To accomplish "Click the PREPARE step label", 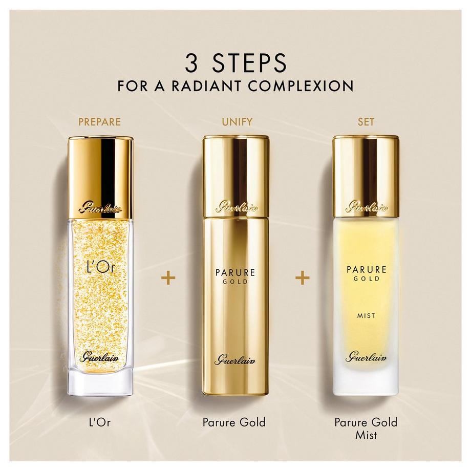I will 99,122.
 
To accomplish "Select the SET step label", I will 366,122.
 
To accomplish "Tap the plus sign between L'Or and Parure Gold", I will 168,278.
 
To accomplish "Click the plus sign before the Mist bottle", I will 303,278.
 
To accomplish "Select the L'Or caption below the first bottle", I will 100,422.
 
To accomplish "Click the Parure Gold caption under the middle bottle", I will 234,422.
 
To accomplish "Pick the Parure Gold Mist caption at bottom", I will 366,429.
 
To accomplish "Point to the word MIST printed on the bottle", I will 366,316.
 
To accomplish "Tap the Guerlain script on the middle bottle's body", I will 235,359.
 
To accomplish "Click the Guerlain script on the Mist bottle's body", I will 366,357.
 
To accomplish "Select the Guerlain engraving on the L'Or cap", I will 100,208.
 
